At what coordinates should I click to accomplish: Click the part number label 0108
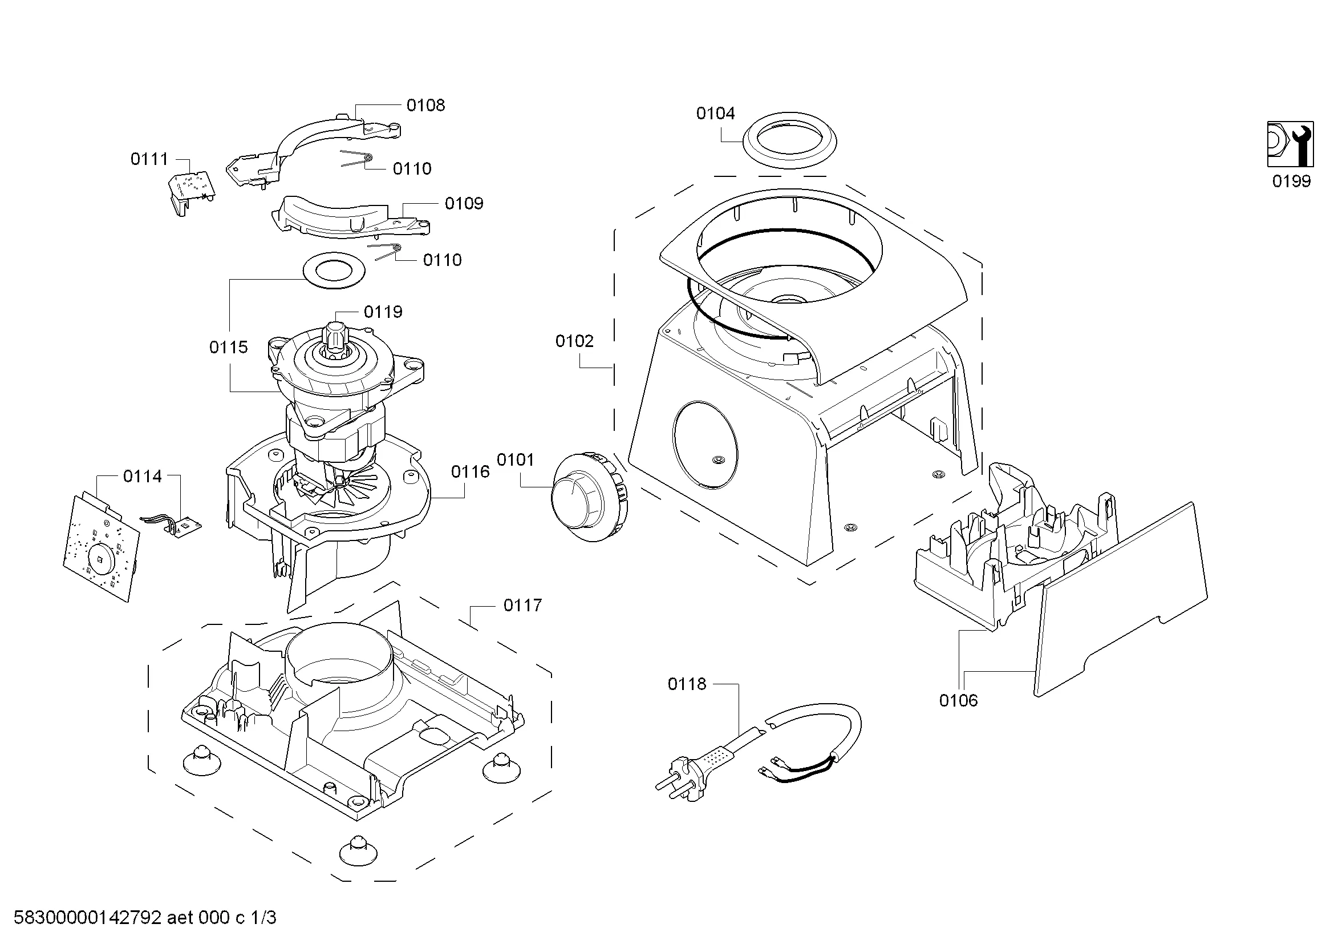pos(425,105)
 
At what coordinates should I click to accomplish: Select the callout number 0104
pos(715,114)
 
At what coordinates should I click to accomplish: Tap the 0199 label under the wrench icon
pos(1291,181)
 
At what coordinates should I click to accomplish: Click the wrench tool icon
pos(1290,144)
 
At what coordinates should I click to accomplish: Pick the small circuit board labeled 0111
pos(192,189)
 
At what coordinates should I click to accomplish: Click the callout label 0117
pos(522,606)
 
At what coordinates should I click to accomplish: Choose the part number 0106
pos(958,700)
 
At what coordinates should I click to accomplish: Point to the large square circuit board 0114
pos(102,546)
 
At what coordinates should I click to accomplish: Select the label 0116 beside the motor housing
pos(470,471)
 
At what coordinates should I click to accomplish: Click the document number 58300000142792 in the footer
pos(87,918)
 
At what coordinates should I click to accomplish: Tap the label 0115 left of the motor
pos(228,348)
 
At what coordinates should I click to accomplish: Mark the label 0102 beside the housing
pos(574,341)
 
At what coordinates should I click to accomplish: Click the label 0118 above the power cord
pos(687,684)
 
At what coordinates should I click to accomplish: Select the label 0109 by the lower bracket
pos(464,203)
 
